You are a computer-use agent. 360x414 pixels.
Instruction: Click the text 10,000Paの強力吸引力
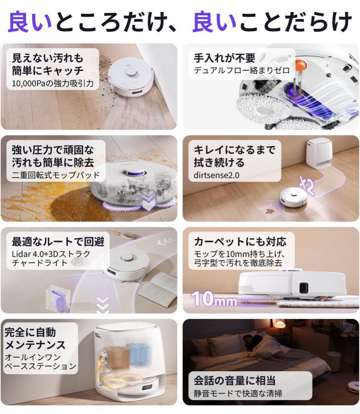point(53,83)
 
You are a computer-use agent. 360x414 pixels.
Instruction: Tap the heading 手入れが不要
point(224,58)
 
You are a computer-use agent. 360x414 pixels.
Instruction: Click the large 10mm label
point(214,299)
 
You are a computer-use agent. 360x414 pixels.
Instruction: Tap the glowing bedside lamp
point(280,325)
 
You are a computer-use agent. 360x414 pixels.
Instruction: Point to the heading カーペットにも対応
point(240,242)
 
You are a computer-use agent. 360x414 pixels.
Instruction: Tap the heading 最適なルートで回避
point(57,242)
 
